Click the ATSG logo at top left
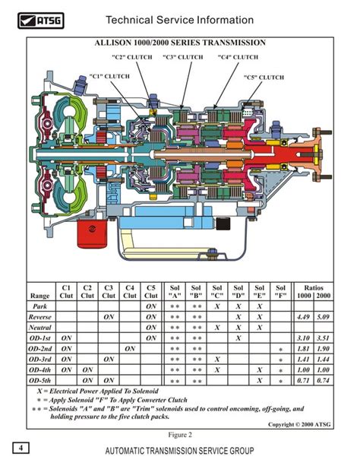click(x=41, y=21)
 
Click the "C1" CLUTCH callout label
click(x=109, y=76)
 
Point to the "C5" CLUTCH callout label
click(x=264, y=78)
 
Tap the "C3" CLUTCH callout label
click(x=183, y=57)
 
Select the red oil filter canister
click(x=92, y=234)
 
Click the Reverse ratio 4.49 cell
click(x=303, y=317)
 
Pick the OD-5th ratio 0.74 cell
click(x=324, y=380)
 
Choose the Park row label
click(x=40, y=306)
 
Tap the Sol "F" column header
click(x=280, y=292)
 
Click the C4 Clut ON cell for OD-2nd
click(x=130, y=349)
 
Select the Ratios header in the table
click(x=314, y=287)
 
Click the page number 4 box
click(x=21, y=448)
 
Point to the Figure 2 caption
click(x=180, y=435)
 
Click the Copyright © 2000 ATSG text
click(x=299, y=424)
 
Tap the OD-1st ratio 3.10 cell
click(x=303, y=338)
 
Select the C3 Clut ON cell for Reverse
click(x=109, y=317)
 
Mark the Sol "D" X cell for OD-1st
click(x=238, y=338)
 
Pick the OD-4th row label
click(x=40, y=370)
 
